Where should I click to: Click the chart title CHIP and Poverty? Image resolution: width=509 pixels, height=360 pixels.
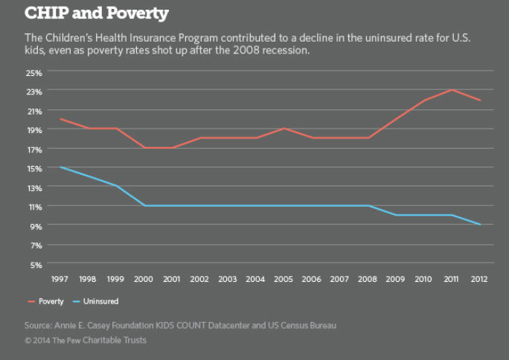pyautogui.click(x=97, y=13)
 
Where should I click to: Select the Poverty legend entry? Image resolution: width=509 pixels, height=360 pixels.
pyautogui.click(x=51, y=301)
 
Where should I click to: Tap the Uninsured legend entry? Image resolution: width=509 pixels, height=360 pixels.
pyautogui.click(x=100, y=301)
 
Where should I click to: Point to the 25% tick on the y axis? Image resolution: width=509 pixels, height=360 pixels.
pyautogui.click(x=34, y=72)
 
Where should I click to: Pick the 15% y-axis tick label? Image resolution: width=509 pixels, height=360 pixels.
pyautogui.click(x=34, y=168)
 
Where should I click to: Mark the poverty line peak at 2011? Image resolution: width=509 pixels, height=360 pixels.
pyautogui.click(x=452, y=90)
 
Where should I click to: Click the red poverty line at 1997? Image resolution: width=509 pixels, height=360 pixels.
pyautogui.click(x=60, y=119)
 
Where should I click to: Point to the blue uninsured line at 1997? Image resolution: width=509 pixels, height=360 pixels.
pyautogui.click(x=60, y=167)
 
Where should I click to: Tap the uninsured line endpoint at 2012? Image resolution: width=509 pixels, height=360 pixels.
pyautogui.click(x=480, y=225)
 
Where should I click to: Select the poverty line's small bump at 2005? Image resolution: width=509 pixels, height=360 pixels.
pyautogui.click(x=284, y=129)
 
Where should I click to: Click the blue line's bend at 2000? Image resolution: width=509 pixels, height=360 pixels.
pyautogui.click(x=144, y=205)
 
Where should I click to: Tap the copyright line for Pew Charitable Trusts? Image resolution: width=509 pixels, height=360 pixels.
pyautogui.click(x=86, y=340)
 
